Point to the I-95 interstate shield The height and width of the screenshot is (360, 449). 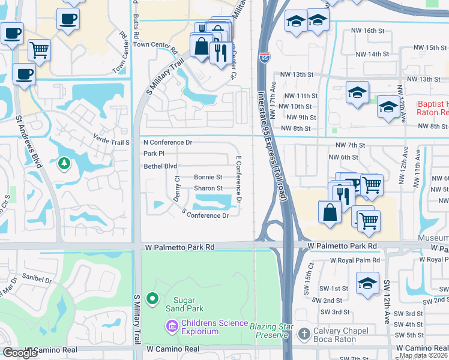click(265, 58)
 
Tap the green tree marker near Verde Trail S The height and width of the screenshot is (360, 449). click(64, 163)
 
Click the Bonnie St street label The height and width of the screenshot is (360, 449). click(208, 178)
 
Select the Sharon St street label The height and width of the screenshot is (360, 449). click(208, 188)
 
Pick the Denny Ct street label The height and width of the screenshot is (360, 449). click(177, 188)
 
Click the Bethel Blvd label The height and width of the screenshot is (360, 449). click(160, 166)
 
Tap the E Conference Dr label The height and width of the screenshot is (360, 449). click(239, 179)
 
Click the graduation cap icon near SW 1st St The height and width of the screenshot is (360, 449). click(367, 283)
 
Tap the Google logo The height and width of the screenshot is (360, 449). click(20, 353)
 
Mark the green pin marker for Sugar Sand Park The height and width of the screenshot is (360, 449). click(152, 298)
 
